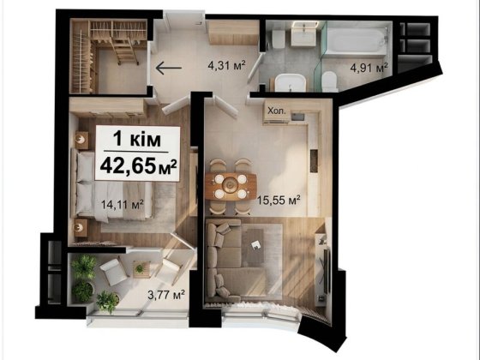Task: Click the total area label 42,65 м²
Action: pyautogui.click(x=138, y=165)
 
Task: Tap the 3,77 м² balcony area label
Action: pyautogui.click(x=167, y=295)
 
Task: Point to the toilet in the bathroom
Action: pyautogui.click(x=329, y=82)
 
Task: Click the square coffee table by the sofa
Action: pyautogui.click(x=259, y=248)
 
